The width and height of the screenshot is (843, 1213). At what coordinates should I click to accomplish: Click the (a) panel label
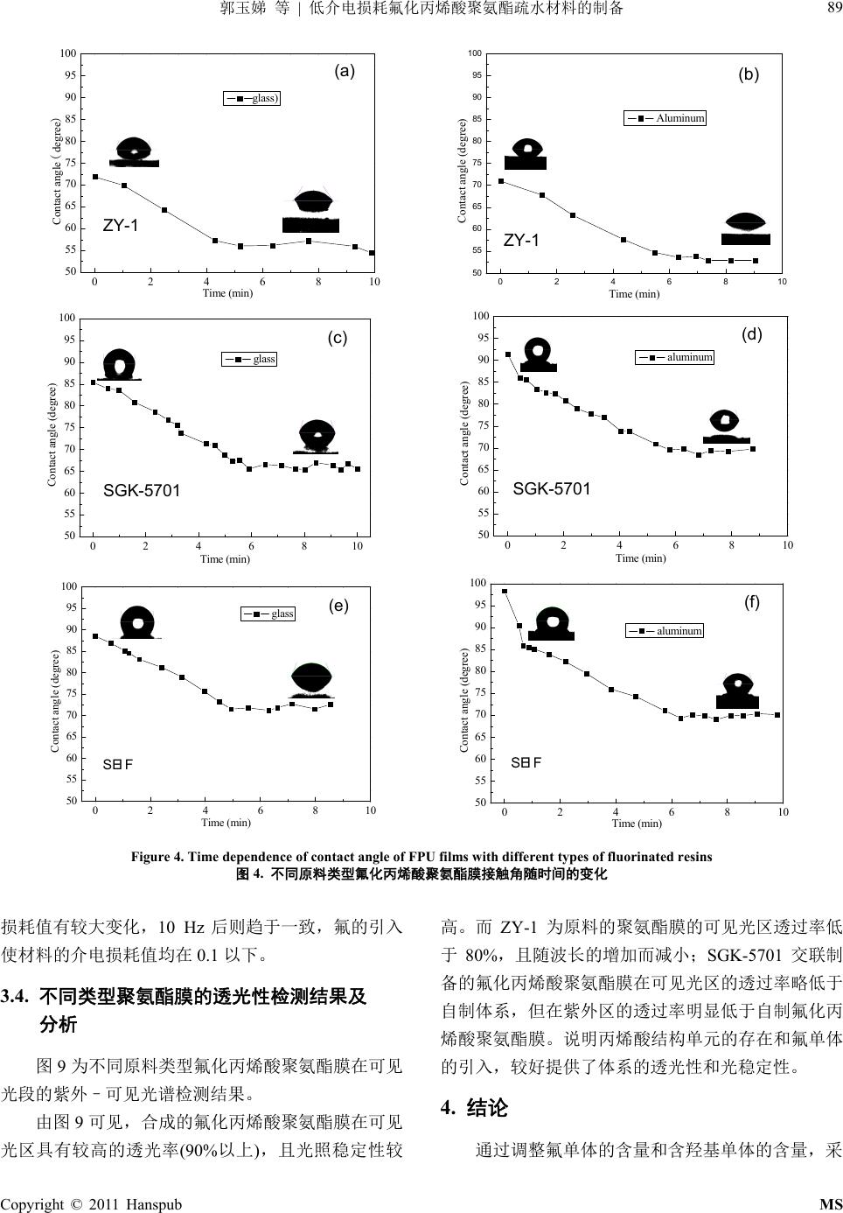click(345, 72)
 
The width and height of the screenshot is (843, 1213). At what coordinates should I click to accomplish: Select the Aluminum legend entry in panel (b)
click(665, 118)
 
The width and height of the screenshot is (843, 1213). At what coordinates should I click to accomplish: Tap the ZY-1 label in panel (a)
click(121, 226)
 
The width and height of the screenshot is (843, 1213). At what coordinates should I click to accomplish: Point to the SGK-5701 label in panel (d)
click(552, 489)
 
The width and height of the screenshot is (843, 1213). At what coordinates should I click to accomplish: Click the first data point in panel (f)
click(505, 592)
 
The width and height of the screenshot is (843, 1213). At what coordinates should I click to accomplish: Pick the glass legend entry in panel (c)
click(250, 359)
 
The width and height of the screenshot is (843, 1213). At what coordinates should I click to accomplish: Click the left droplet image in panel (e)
click(137, 622)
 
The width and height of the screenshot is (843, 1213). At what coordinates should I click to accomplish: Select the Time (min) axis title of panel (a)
click(227, 293)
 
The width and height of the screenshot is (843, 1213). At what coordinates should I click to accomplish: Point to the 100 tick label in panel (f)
click(477, 584)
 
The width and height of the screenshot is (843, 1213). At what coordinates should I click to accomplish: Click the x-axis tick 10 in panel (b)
click(782, 282)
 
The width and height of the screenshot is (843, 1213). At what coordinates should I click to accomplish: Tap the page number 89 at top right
click(833, 9)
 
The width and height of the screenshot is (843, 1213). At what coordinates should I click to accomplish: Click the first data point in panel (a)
click(95, 178)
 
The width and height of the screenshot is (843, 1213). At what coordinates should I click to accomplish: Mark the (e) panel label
click(338, 606)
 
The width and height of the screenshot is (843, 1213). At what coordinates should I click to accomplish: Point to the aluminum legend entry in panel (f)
click(665, 631)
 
